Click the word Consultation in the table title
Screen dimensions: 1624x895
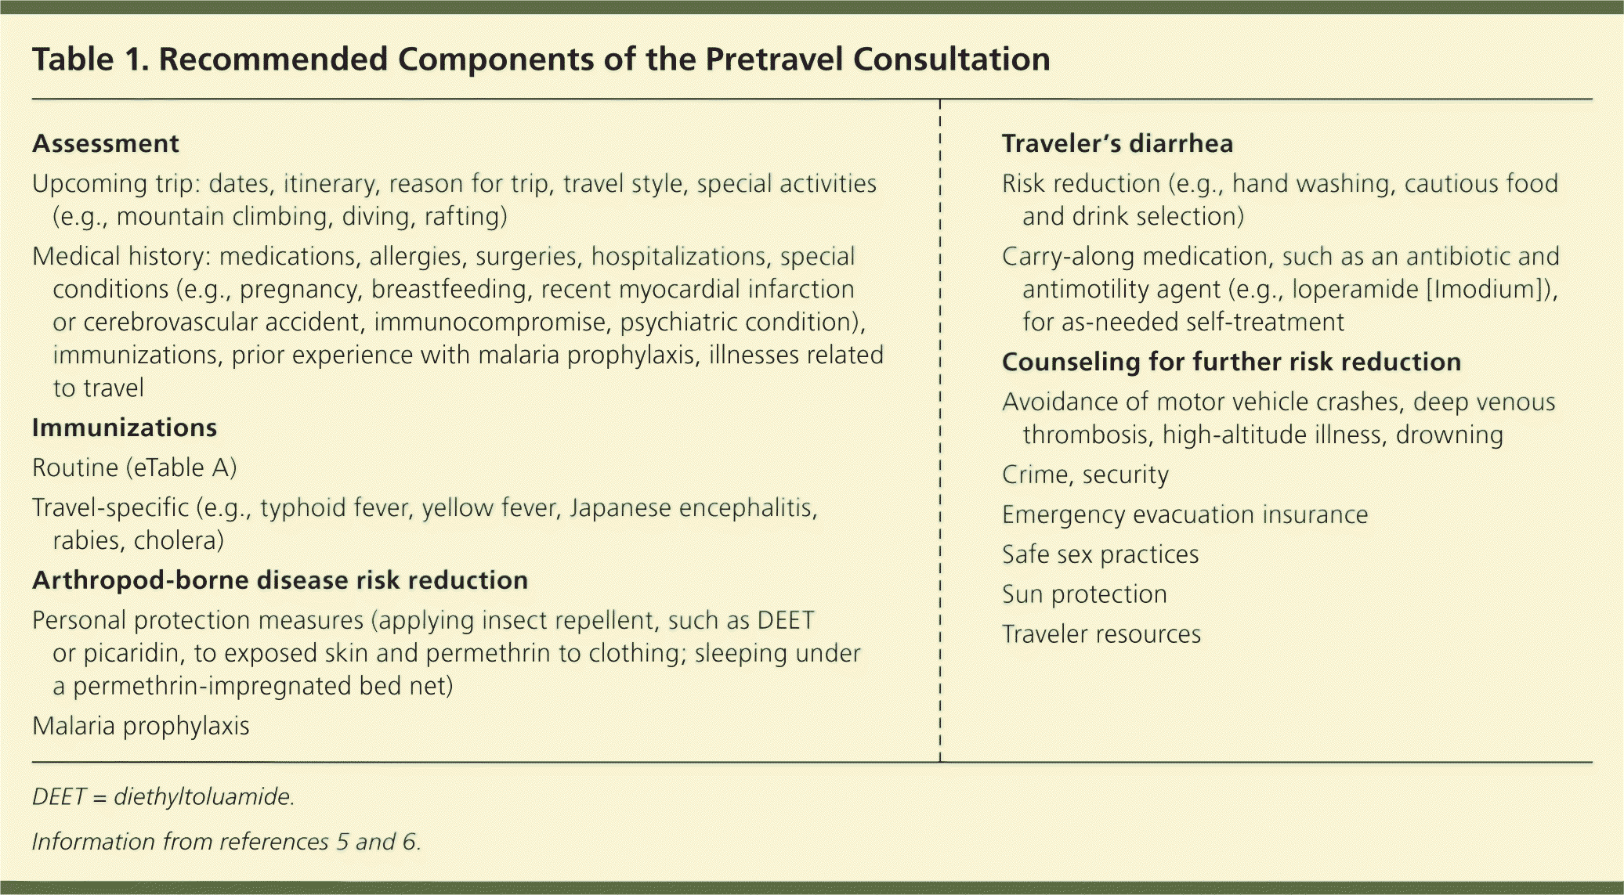pyautogui.click(x=952, y=60)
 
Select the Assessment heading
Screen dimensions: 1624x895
pyautogui.click(x=106, y=144)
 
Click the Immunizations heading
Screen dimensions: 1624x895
pyautogui.click(x=125, y=428)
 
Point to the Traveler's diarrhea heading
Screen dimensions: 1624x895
pyautogui.click(x=1118, y=144)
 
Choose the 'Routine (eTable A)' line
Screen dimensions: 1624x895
pyautogui.click(x=135, y=468)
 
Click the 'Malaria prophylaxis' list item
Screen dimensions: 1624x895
pyautogui.click(x=141, y=727)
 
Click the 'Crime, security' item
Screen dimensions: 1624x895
pyautogui.click(x=1086, y=475)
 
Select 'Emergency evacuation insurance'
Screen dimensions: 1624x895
pyautogui.click(x=1185, y=515)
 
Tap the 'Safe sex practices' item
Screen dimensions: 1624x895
pyautogui.click(x=1101, y=555)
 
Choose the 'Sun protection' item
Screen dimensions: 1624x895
pyautogui.click(x=1085, y=595)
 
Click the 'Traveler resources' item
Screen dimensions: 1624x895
pyautogui.click(x=1101, y=635)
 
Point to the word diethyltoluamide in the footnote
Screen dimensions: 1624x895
pyautogui.click(x=204, y=797)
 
